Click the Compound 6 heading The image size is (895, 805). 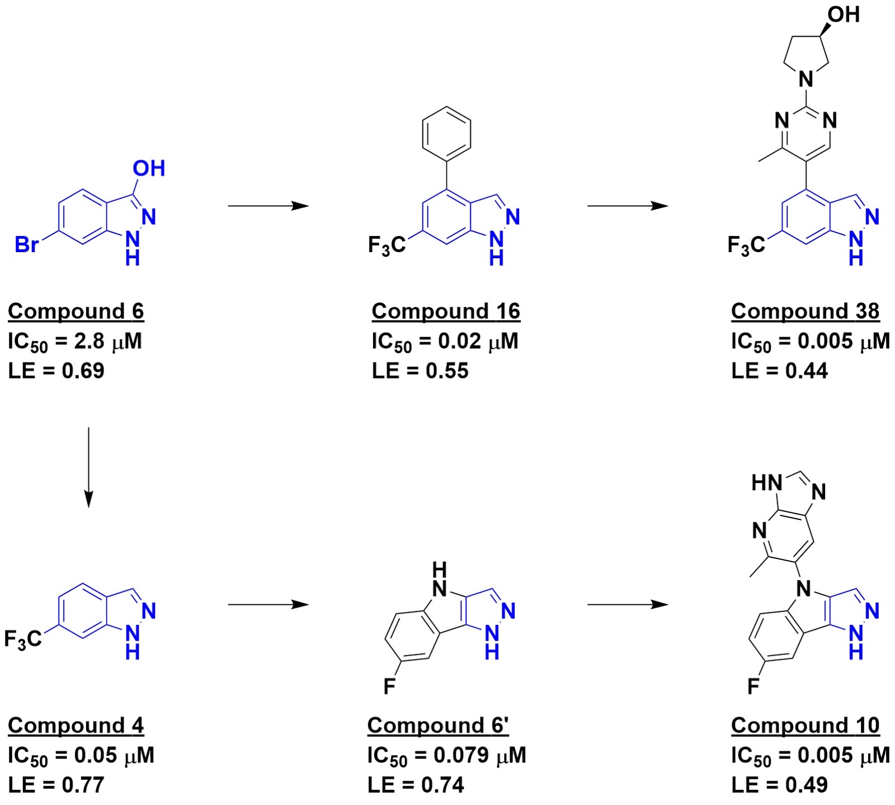pyautogui.click(x=76, y=311)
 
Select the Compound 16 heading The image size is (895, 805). pyautogui.click(x=446, y=311)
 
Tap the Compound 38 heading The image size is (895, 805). pyautogui.click(x=805, y=311)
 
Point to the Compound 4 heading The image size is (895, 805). pyautogui.click(x=76, y=726)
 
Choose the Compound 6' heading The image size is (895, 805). pyautogui.click(x=438, y=726)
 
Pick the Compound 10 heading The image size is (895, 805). pyautogui.click(x=805, y=726)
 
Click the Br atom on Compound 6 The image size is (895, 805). pyautogui.click(x=26, y=244)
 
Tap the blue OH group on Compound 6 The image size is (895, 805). pyautogui.click(x=149, y=168)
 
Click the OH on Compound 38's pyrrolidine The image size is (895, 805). pyautogui.click(x=844, y=15)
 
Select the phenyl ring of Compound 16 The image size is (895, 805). pyautogui.click(x=446, y=134)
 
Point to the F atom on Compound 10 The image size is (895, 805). pyautogui.click(x=753, y=686)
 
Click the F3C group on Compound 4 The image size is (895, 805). pyautogui.click(x=23, y=639)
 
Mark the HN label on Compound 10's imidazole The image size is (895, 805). pyautogui.click(x=766, y=483)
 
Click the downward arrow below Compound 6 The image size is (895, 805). pyautogui.click(x=88, y=467)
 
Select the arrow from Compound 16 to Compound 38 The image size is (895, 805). pyautogui.click(x=627, y=206)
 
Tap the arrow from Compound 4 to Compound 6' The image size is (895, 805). pyautogui.click(x=268, y=604)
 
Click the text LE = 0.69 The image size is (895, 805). pyautogui.click(x=56, y=371)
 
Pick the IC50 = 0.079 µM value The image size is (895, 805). pyautogui.click(x=446, y=756)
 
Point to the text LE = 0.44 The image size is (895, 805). pyautogui.click(x=779, y=371)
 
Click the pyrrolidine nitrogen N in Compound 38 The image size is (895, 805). pyautogui.click(x=806, y=79)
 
